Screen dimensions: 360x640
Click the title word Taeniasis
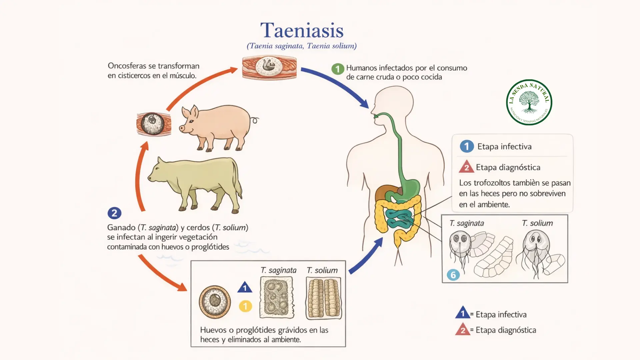[302, 31]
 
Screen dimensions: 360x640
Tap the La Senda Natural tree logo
[529, 102]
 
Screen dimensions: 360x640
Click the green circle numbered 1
[338, 69]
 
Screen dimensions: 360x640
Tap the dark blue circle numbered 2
[114, 213]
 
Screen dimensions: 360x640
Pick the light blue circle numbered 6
[453, 275]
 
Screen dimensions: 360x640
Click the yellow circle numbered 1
[245, 306]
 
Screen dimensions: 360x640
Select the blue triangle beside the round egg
[245, 288]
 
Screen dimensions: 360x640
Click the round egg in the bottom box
[215, 302]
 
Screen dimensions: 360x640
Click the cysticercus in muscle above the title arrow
[269, 67]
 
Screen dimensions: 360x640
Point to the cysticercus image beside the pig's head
[154, 124]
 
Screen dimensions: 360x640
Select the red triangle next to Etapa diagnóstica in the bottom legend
[463, 330]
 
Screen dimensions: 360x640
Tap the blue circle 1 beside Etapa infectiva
[467, 146]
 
